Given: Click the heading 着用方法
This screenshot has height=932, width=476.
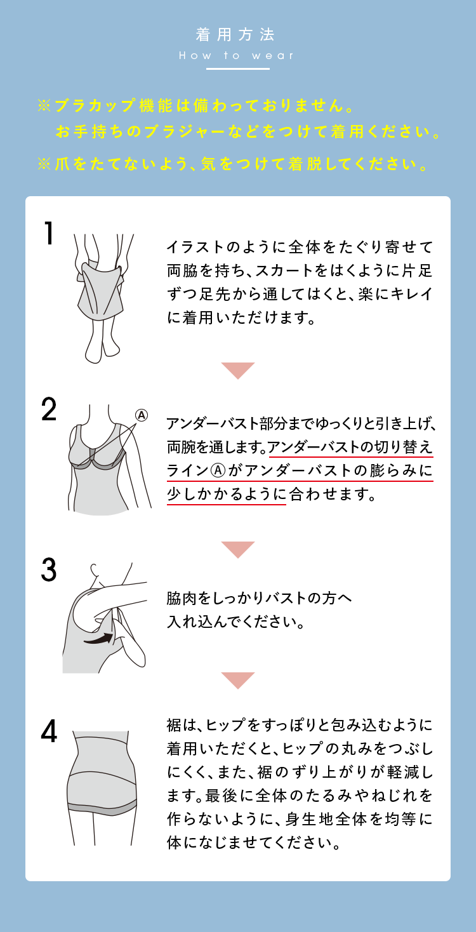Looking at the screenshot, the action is tap(235, 34).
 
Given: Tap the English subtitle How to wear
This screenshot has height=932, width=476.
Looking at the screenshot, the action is tap(236, 55).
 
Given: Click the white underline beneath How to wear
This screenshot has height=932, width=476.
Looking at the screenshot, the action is tap(238, 69).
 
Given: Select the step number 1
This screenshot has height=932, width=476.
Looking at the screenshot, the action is tap(49, 233).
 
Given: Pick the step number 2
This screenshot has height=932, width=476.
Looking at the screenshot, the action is tap(49, 409).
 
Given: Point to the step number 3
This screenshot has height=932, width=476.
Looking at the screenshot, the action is tap(49, 570).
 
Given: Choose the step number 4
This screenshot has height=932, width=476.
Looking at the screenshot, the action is tap(49, 731).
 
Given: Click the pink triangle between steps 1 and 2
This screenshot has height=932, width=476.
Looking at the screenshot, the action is tap(238, 369).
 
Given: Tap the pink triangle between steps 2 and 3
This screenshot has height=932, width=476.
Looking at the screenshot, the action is tap(238, 548).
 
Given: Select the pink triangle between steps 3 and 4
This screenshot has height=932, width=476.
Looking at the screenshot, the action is tap(238, 679).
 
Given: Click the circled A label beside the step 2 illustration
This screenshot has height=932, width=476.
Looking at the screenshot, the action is tap(142, 415).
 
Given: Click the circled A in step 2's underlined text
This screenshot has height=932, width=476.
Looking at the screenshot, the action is tap(218, 470).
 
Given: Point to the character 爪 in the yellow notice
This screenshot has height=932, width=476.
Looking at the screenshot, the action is tap(62, 164).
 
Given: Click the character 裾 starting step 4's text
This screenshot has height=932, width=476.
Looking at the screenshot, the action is tap(175, 725).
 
